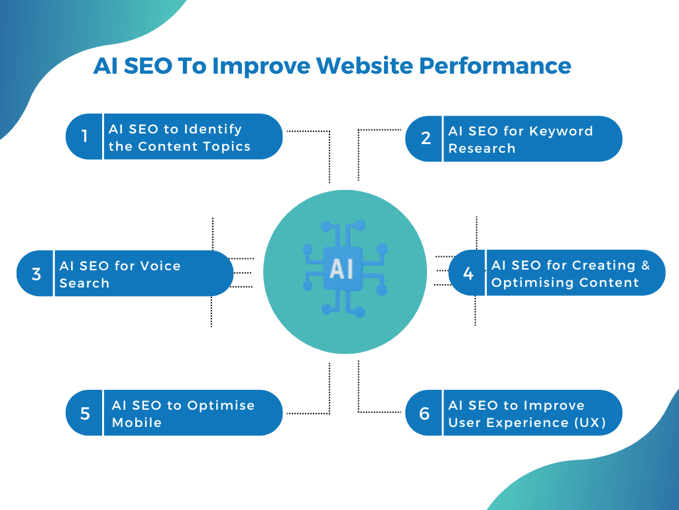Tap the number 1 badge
tap(84, 137)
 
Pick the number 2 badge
tap(425, 138)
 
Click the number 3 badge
tap(36, 274)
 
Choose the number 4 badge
tap(468, 273)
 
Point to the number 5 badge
tap(85, 413)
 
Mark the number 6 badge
tap(425, 413)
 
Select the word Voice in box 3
tap(160, 266)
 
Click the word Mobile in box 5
tap(137, 422)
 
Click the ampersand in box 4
tap(645, 265)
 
